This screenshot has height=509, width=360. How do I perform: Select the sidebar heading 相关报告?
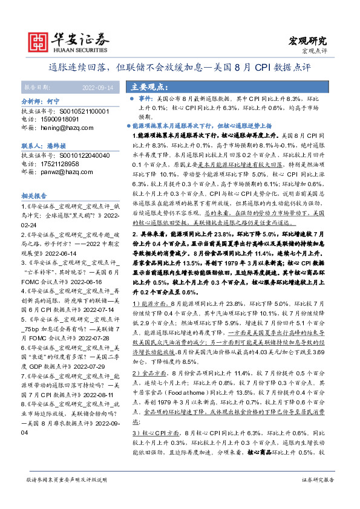click(34, 196)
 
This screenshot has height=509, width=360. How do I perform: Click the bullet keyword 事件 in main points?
click(144, 98)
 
